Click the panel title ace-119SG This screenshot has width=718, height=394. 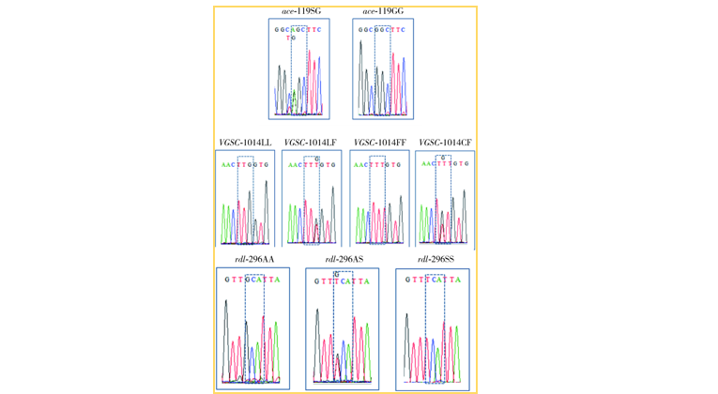tap(299, 12)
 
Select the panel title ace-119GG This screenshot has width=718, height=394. tap(384, 12)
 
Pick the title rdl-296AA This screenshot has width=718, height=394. tap(253, 259)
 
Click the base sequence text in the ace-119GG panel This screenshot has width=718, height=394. tap(384, 28)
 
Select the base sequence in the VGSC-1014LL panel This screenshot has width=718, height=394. tap(245, 163)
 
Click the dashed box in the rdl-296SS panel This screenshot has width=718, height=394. tap(435, 328)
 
